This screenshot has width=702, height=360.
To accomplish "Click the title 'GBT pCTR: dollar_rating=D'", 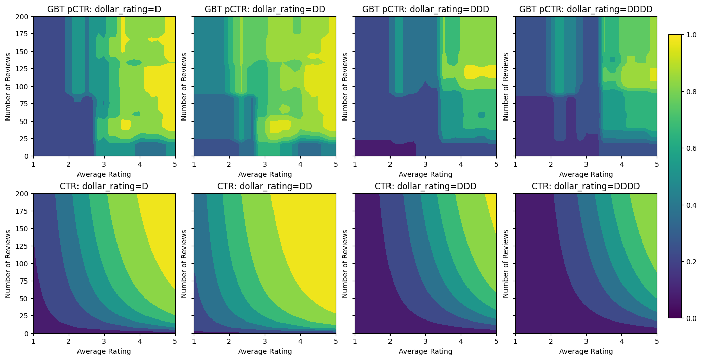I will point(104,9).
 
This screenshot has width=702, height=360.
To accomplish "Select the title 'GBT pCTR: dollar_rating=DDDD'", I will point(586,9).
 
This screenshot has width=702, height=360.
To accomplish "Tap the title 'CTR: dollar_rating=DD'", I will point(265,186).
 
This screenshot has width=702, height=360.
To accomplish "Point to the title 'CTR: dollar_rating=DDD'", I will point(425,186).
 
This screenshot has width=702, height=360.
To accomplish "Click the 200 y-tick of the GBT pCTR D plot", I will point(24,17).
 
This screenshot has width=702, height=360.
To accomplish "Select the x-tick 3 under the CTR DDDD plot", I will point(586,341).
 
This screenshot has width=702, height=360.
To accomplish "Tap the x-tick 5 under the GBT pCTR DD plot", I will point(336,164).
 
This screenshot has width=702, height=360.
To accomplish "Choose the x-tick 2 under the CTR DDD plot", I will point(390,341).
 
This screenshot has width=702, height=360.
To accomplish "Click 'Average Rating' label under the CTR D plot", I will point(104,351).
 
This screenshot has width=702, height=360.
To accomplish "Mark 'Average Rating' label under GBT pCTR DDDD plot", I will point(586,174).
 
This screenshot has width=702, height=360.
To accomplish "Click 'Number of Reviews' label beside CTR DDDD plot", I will point(506,263).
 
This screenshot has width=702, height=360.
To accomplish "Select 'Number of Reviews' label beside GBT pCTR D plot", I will point(8,86).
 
